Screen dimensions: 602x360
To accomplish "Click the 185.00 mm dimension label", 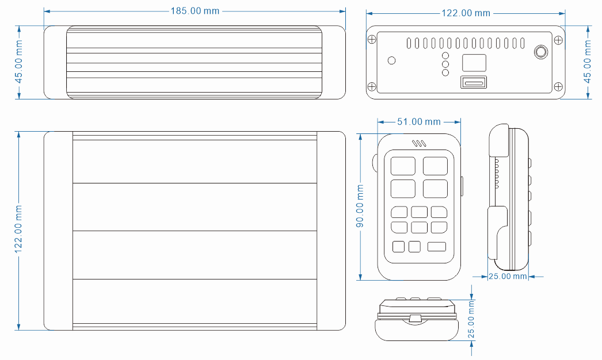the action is tap(195, 11).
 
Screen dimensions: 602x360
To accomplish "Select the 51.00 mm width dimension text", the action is tap(419, 122).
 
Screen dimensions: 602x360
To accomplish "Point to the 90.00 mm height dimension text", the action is tap(360, 206).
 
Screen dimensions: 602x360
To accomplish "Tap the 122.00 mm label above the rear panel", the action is tap(466, 13).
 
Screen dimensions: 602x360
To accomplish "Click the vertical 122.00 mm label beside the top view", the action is tap(18, 229).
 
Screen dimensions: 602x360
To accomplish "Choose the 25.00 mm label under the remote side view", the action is tap(508, 277).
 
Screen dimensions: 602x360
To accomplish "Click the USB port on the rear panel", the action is tap(474, 82).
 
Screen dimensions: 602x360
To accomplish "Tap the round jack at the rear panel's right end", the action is tap(541, 52).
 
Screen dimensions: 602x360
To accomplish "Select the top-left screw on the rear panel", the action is tap(372, 39).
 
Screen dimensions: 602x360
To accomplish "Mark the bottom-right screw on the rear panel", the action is tap(559, 87).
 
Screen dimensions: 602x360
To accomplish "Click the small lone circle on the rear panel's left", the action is tap(391, 60).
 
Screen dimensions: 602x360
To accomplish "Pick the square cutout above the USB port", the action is tap(474, 63).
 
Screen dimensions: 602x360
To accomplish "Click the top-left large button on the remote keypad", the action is tap(403, 166).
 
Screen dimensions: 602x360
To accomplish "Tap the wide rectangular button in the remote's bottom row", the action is tap(436, 246).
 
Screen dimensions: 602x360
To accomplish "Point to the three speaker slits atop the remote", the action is tap(419, 144).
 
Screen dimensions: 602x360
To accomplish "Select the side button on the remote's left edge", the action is tap(375, 162).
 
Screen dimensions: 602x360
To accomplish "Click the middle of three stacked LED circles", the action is tap(445, 64).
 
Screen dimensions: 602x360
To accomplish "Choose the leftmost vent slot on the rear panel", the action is tap(409, 43).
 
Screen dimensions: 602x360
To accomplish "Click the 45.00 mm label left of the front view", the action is tap(18, 61).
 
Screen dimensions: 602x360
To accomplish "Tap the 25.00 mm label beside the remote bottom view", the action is tap(471, 320).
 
